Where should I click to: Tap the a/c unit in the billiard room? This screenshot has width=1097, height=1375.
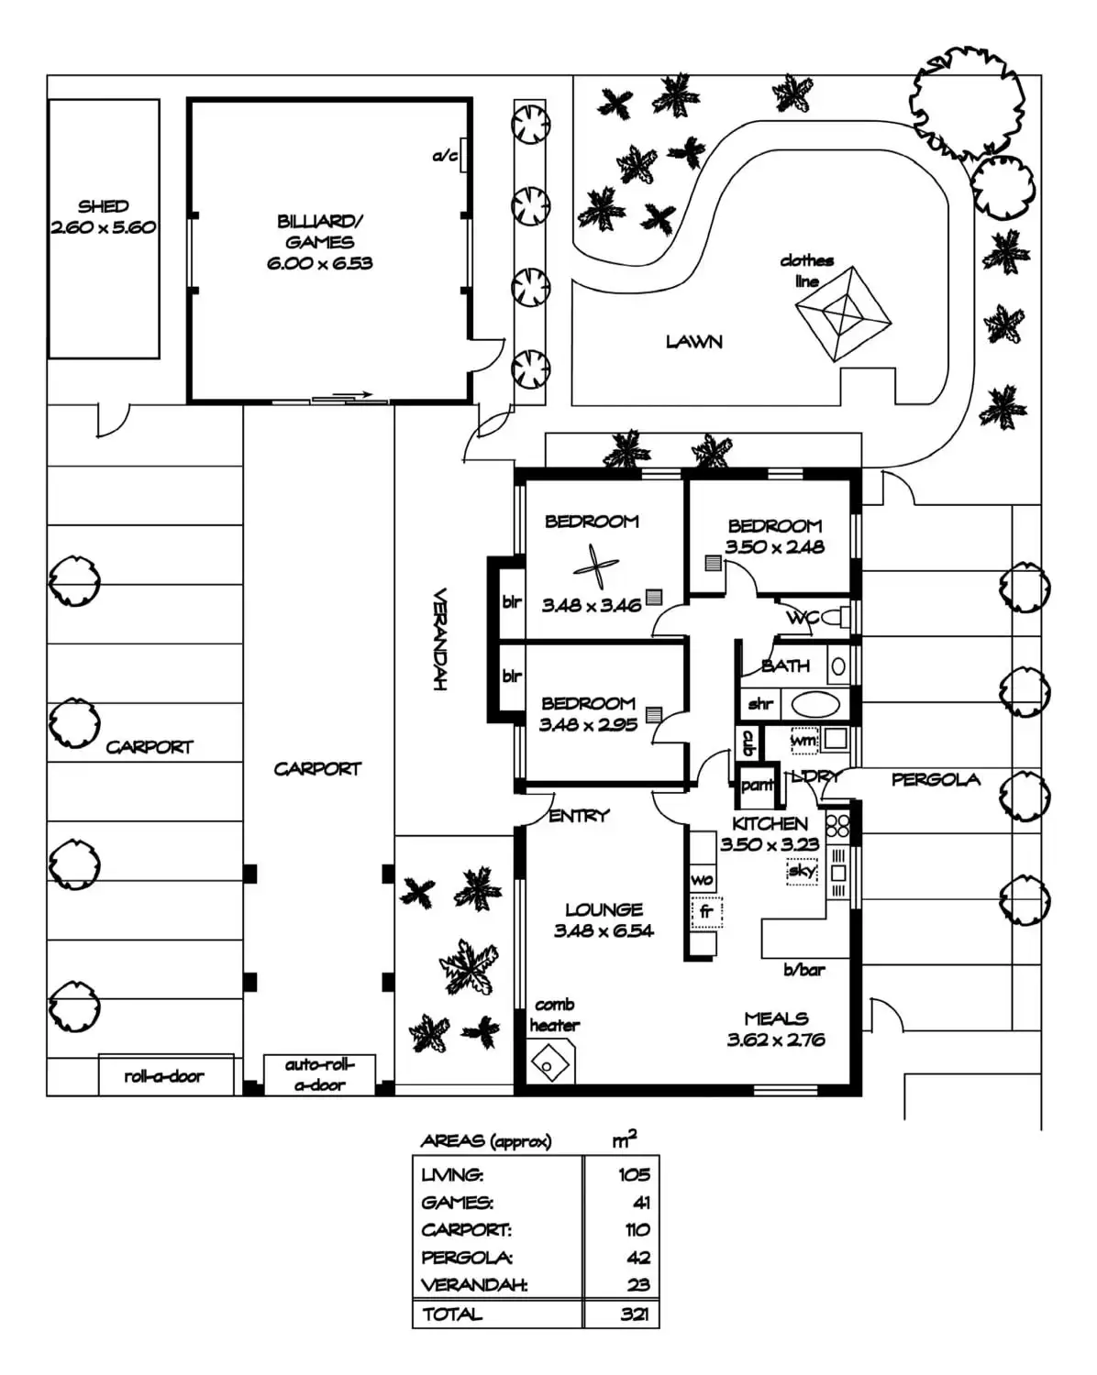pyautogui.click(x=465, y=156)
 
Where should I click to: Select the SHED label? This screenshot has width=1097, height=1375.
pyautogui.click(x=103, y=206)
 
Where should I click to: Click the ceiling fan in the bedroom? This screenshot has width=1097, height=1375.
pyautogui.click(x=595, y=567)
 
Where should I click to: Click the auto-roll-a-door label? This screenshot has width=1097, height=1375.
pyautogui.click(x=319, y=1074)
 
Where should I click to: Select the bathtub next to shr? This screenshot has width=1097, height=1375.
pyautogui.click(x=814, y=704)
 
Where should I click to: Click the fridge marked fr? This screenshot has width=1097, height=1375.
pyautogui.click(x=706, y=912)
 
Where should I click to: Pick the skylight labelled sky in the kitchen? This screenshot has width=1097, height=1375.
pyautogui.click(x=802, y=871)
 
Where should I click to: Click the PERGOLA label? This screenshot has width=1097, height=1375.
pyautogui.click(x=935, y=780)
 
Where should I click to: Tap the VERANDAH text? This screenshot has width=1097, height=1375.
pyautogui.click(x=439, y=639)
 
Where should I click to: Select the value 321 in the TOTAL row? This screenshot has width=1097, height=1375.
pyautogui.click(x=634, y=1314)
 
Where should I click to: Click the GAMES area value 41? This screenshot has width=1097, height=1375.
pyautogui.click(x=640, y=1202)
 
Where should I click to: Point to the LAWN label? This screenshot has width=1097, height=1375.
pyautogui.click(x=693, y=342)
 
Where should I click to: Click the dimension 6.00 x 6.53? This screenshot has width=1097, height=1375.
pyautogui.click(x=319, y=263)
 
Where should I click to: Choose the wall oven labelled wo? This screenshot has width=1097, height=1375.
pyautogui.click(x=702, y=879)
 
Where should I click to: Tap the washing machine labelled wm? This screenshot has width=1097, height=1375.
pyautogui.click(x=803, y=740)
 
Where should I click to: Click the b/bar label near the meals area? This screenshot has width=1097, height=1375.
pyautogui.click(x=803, y=969)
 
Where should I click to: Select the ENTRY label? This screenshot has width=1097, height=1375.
pyautogui.click(x=579, y=815)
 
